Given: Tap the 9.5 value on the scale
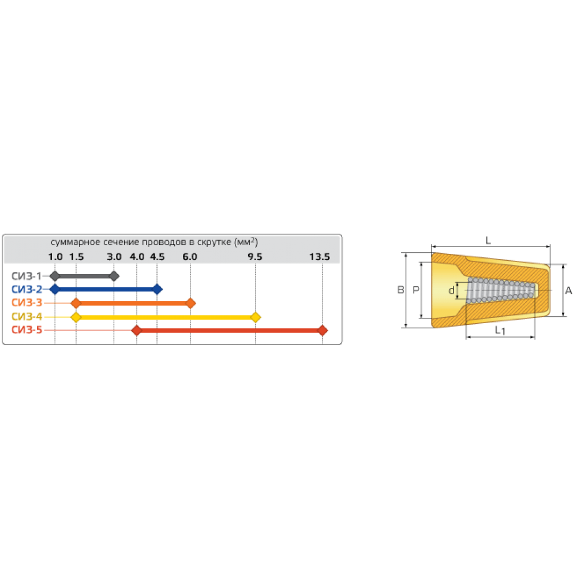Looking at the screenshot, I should pyautogui.click(x=254, y=257).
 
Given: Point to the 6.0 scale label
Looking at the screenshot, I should pyautogui.click(x=190, y=257).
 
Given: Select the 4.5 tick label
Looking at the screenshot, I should pyautogui.click(x=157, y=257).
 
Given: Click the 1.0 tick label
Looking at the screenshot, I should pyautogui.click(x=55, y=257).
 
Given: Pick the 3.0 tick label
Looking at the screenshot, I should pyautogui.click(x=114, y=257).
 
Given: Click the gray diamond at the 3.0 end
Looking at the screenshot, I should pyautogui.click(x=114, y=276).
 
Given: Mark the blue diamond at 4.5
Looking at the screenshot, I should pyautogui.click(x=158, y=289).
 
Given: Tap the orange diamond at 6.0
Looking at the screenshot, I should pyautogui.click(x=191, y=303).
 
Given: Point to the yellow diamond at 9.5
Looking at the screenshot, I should pyautogui.click(x=256, y=317).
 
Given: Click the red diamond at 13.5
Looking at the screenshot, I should pyautogui.click(x=323, y=330).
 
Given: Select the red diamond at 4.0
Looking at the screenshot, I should pyautogui.click(x=136, y=330).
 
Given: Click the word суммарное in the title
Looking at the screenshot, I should pyautogui.click(x=71, y=241).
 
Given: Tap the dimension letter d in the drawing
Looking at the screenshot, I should pyautogui.click(x=451, y=291).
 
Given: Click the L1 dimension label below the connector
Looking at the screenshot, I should pyautogui.click(x=500, y=331).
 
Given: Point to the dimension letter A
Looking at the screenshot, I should pyautogui.click(x=568, y=291).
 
